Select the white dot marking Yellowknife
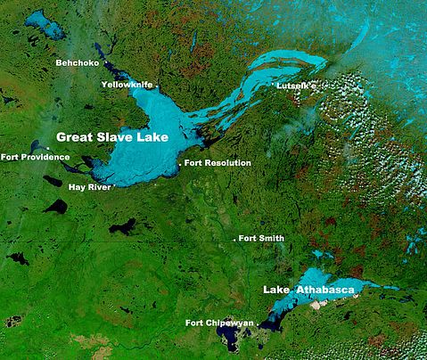[158, 85]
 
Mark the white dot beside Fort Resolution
[180, 164]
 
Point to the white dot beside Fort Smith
[234, 240]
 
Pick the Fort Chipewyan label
[218, 322]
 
